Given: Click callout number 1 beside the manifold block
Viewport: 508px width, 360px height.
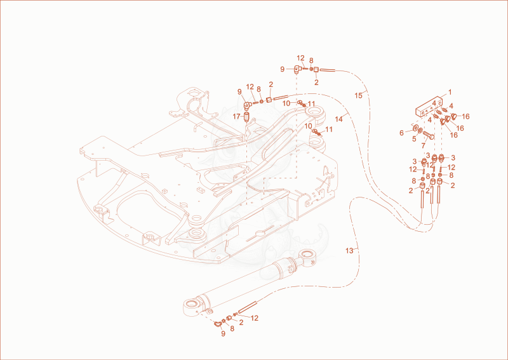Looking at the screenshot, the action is [x=450, y=92].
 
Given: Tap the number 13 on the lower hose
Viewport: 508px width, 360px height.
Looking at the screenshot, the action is [x=349, y=251].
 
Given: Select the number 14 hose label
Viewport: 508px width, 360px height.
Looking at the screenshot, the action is [x=338, y=119].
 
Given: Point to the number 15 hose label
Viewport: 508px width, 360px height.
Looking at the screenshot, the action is [x=358, y=96].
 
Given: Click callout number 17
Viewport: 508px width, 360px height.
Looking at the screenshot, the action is [x=236, y=116].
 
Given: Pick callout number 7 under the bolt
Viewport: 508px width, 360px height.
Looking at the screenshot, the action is [x=423, y=146].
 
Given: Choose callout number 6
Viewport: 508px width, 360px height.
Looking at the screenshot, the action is [x=402, y=133].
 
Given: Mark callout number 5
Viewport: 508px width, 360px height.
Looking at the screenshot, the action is [x=414, y=139].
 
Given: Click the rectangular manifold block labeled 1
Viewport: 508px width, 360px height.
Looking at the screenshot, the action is [x=428, y=106].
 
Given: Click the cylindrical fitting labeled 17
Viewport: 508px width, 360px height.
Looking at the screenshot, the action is [x=246, y=116].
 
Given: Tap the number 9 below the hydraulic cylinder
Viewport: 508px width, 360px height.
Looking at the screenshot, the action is [x=223, y=333].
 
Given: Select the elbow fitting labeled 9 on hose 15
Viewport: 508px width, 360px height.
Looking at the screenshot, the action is [x=297, y=69].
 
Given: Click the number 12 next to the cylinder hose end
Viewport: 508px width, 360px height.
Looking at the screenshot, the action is [x=255, y=318].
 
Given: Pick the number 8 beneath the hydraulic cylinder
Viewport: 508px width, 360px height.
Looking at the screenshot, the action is [x=232, y=328].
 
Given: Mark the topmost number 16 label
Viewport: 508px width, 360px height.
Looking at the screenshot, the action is [x=465, y=116].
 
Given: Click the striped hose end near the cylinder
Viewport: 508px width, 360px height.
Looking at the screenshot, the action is [x=248, y=307].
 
